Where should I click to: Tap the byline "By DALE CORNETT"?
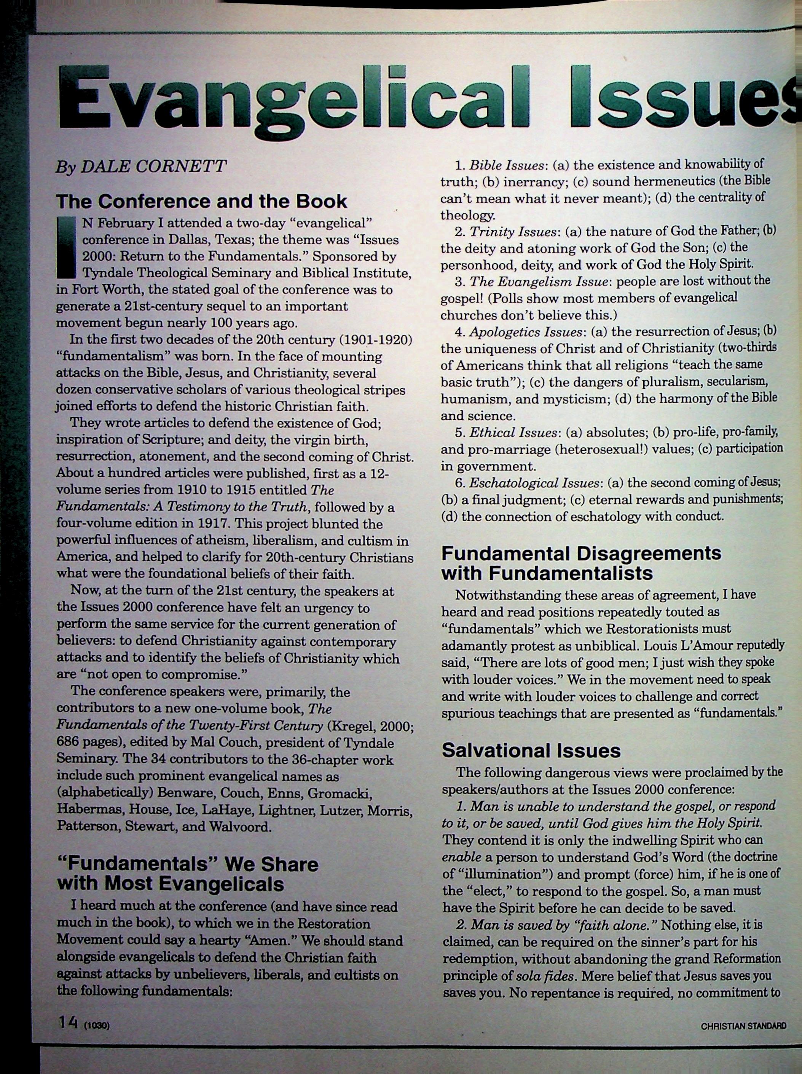[141, 166]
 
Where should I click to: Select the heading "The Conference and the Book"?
[202, 201]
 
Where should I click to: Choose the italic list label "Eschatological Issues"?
[534, 483]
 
